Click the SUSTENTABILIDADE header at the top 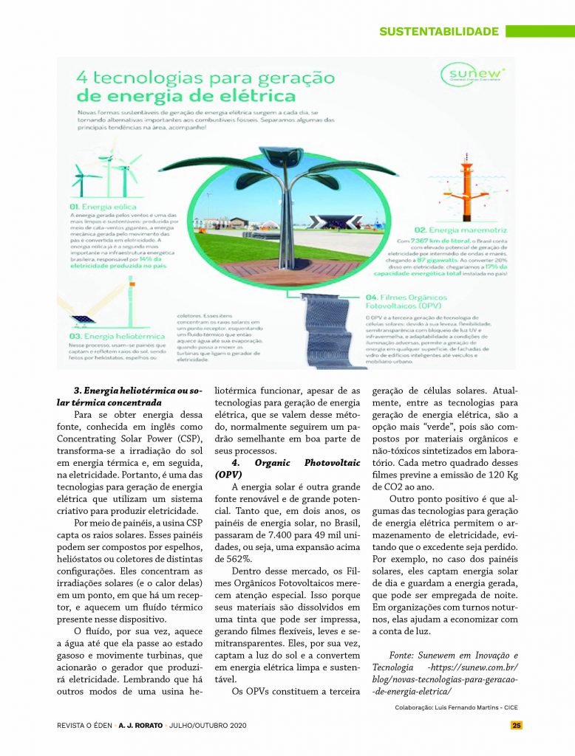(439, 32)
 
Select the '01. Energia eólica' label (103, 207)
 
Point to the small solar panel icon (84, 319)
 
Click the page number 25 (517, 725)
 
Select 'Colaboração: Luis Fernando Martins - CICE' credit (456, 707)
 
